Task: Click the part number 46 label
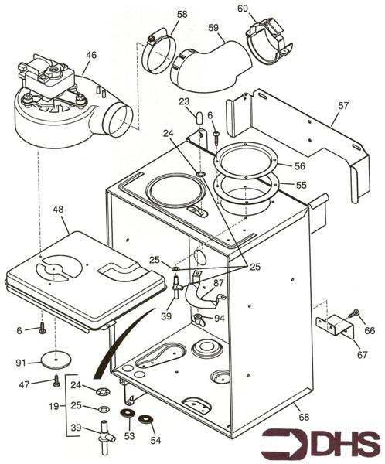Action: (x=91, y=55)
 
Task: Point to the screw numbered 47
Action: (x=56, y=381)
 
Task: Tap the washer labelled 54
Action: (x=144, y=421)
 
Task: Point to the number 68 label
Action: (x=300, y=418)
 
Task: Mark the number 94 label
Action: (x=220, y=318)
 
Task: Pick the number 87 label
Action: (x=219, y=284)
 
